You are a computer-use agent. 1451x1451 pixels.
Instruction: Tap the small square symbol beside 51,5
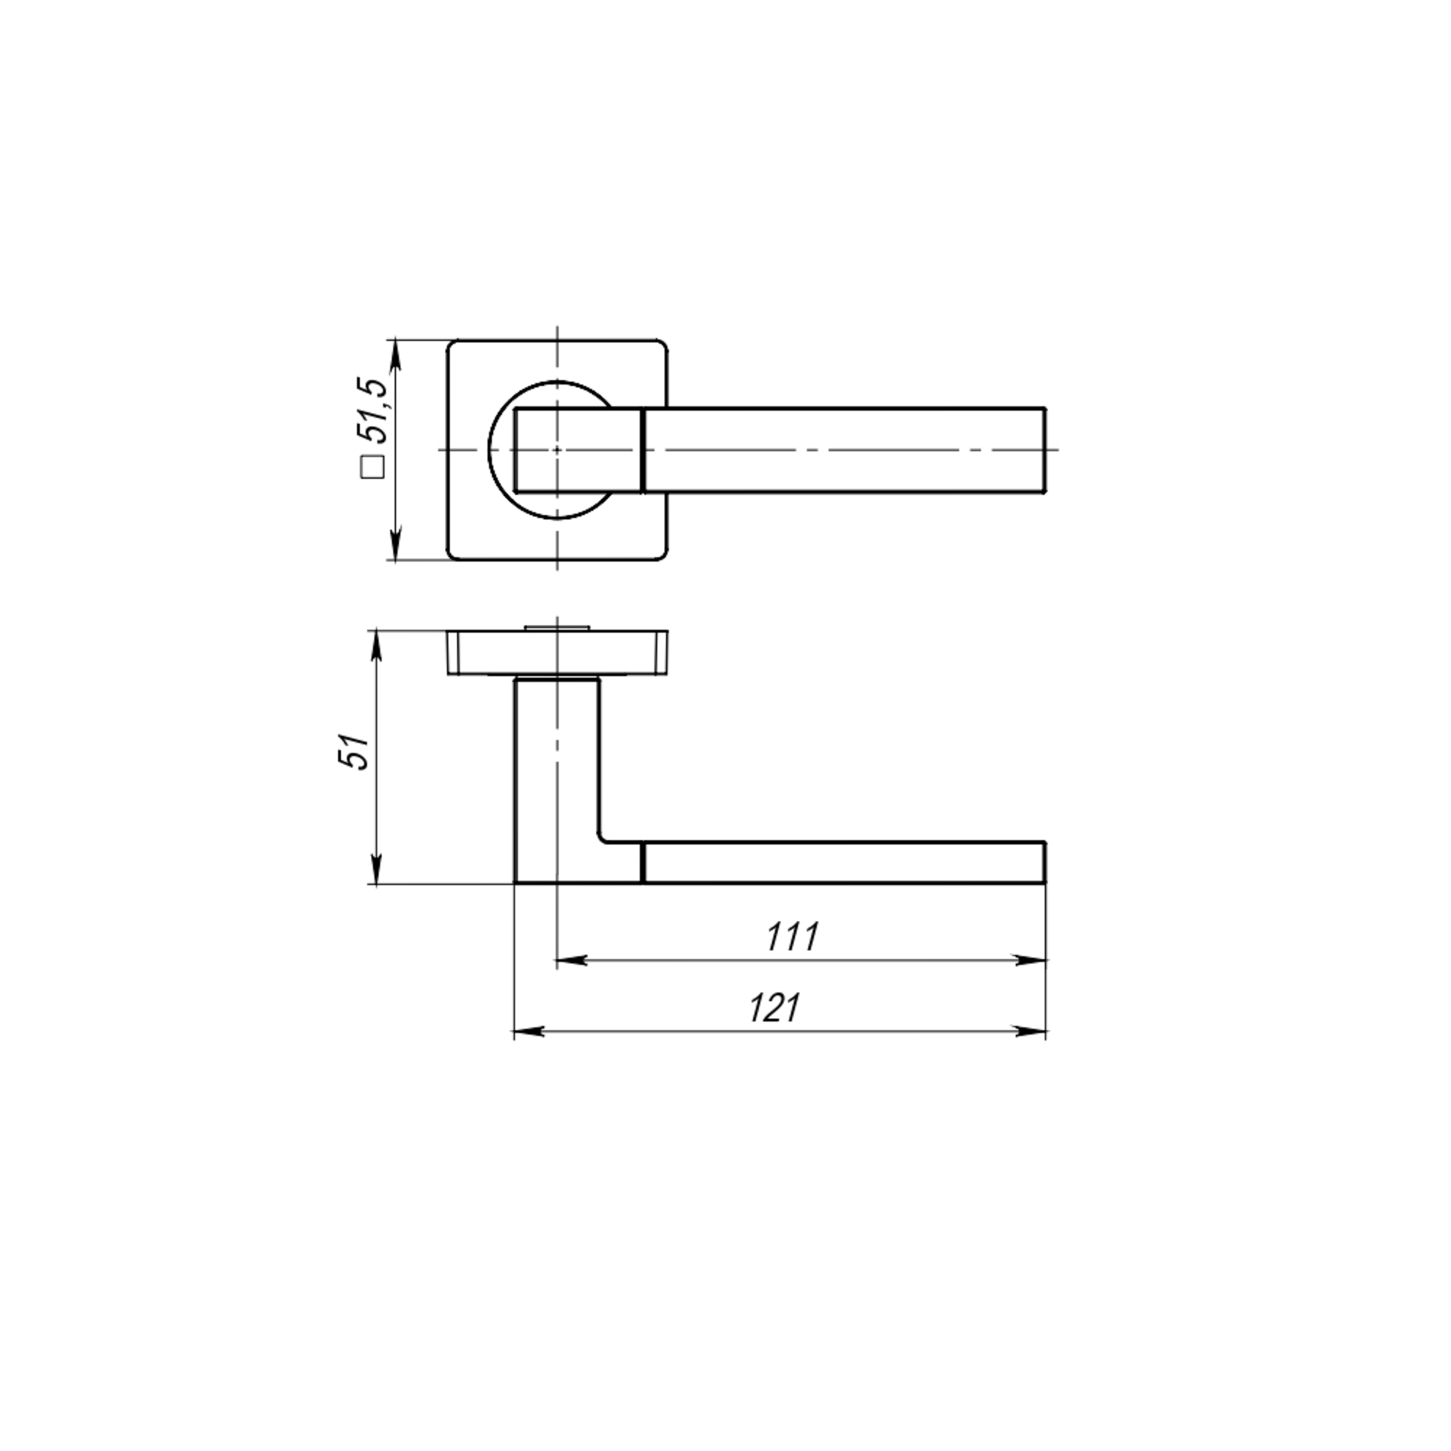pos(373,467)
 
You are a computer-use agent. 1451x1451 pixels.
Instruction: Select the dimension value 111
pos(792,937)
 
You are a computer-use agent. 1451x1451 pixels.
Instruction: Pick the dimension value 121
pos(775,1008)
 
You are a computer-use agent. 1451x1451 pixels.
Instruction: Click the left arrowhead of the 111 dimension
pos(571,960)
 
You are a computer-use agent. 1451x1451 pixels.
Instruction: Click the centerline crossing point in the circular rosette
pos(556,450)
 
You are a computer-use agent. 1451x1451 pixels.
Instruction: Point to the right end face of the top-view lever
pos(1045,450)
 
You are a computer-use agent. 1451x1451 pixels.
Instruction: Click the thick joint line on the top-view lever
pos(644,450)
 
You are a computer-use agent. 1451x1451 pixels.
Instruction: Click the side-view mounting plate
pos(556,653)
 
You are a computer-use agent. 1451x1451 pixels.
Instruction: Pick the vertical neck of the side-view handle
pos(556,759)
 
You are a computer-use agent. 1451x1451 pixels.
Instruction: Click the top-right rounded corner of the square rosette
pos(662,347)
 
